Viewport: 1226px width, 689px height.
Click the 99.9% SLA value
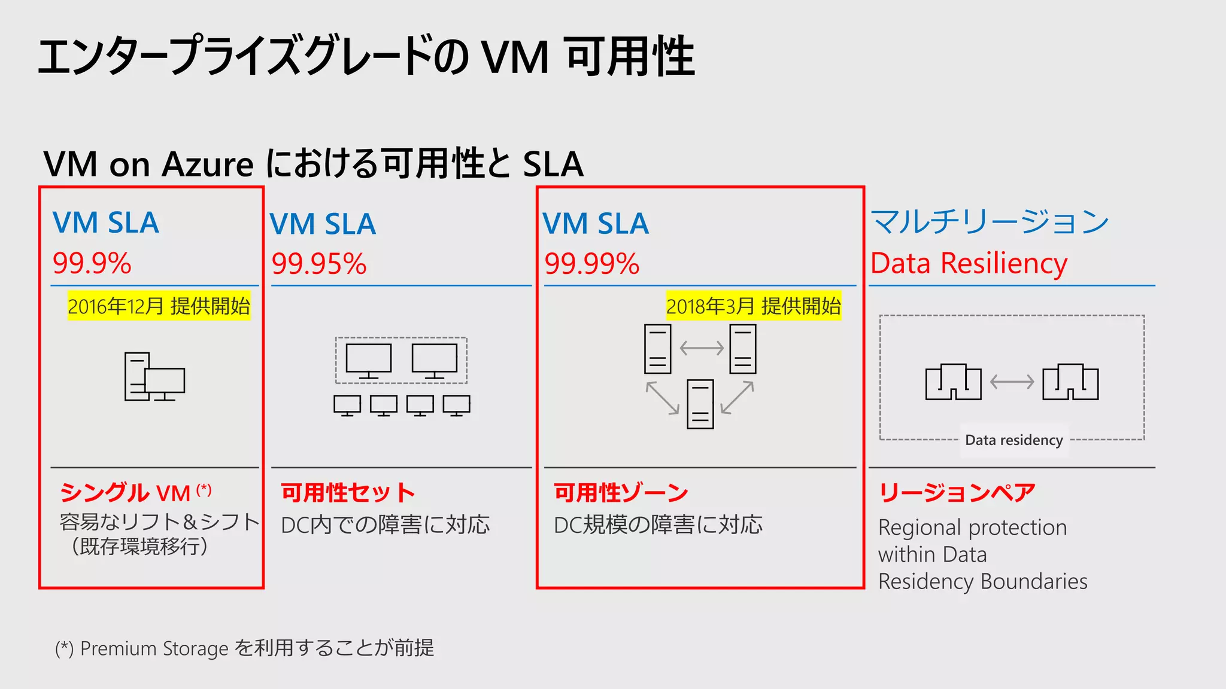[x=92, y=264]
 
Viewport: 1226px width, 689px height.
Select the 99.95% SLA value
[x=318, y=264]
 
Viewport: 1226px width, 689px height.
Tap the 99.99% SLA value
[x=591, y=264]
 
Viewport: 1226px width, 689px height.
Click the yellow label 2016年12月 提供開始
[x=159, y=306]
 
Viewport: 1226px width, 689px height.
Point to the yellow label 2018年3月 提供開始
[x=753, y=306]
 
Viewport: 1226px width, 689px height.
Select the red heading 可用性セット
[x=348, y=493]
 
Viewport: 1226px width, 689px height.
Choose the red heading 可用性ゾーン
[x=621, y=493]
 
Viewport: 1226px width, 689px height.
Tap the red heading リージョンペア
[x=956, y=493]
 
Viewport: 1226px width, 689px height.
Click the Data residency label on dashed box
[x=1013, y=440]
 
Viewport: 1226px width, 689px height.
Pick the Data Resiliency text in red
[x=968, y=264]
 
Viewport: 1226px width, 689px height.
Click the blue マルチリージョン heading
[x=989, y=222]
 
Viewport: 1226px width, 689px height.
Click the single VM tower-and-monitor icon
[x=154, y=377]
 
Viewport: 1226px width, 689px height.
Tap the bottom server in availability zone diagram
[x=700, y=404]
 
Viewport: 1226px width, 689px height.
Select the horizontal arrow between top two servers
[x=702, y=348]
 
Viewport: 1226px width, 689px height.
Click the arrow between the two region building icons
[x=1012, y=382]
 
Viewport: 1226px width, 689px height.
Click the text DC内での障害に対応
[x=385, y=525]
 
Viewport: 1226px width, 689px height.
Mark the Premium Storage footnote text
[x=244, y=648]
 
